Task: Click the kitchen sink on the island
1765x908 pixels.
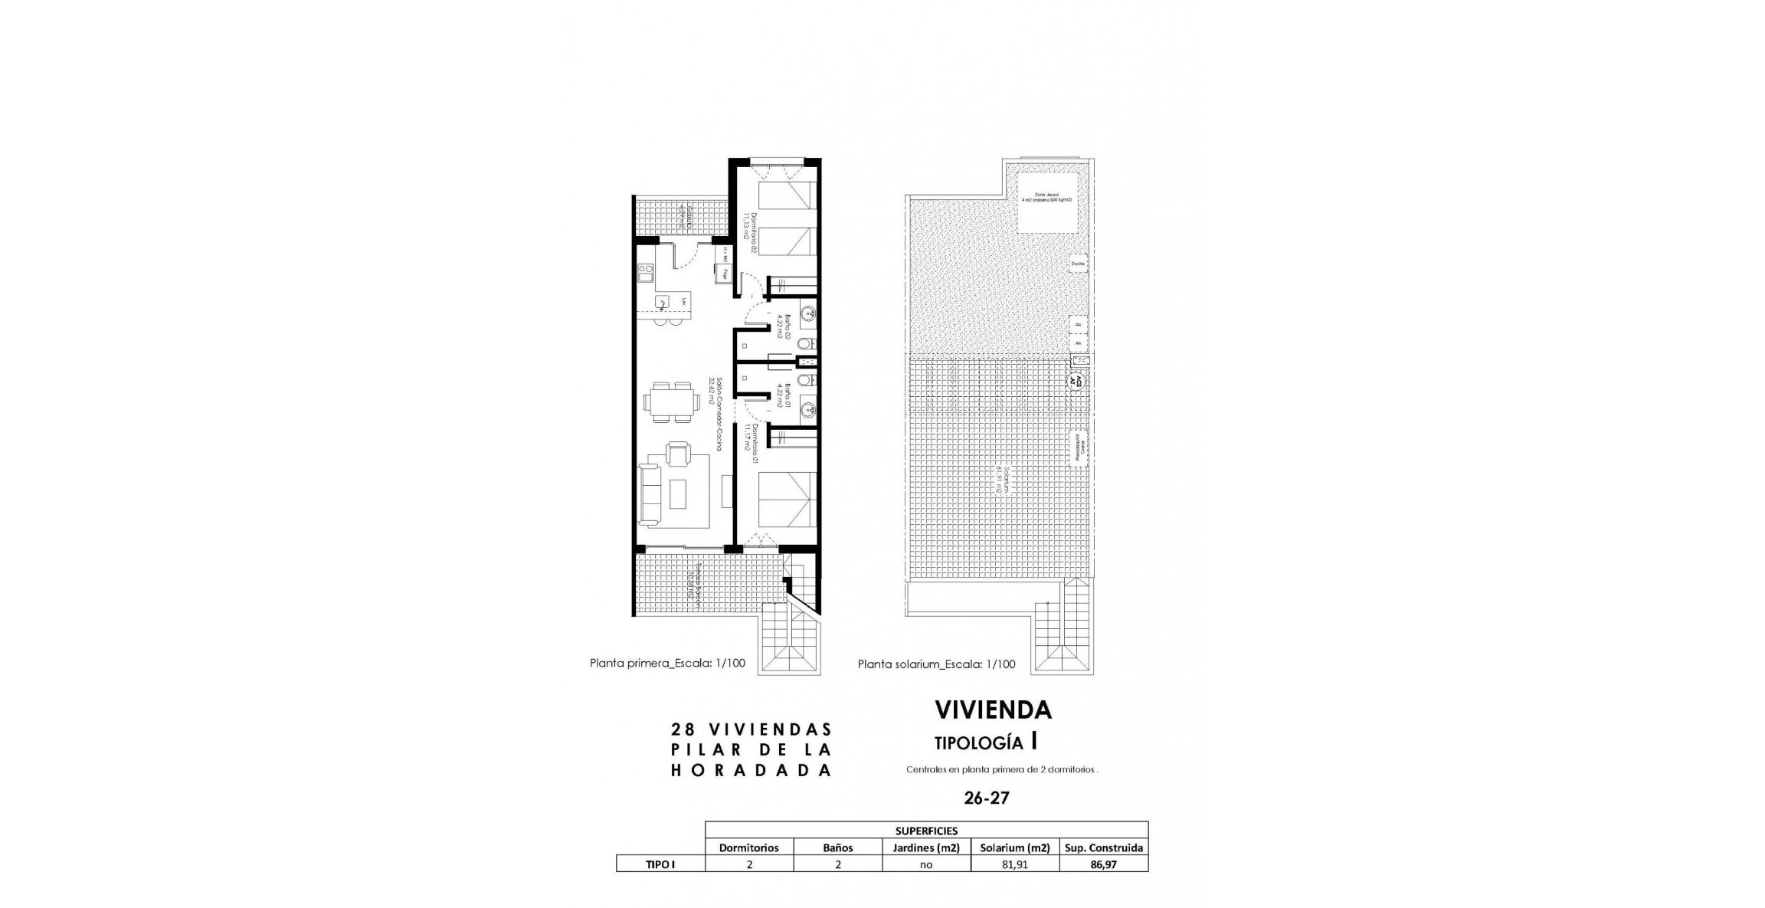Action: click(x=126, y=303)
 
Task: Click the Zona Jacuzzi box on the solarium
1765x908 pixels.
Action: click(x=1050, y=201)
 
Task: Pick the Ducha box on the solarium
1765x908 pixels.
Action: click(x=1078, y=264)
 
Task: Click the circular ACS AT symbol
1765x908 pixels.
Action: click(x=1077, y=381)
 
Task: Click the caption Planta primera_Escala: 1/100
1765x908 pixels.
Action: click(x=666, y=664)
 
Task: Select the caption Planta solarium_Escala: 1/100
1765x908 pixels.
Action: click(x=936, y=664)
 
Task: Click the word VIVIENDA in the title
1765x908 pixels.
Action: click(x=993, y=710)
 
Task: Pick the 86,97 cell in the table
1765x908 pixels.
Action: click(x=1103, y=864)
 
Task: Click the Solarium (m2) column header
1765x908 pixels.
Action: click(x=1014, y=847)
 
